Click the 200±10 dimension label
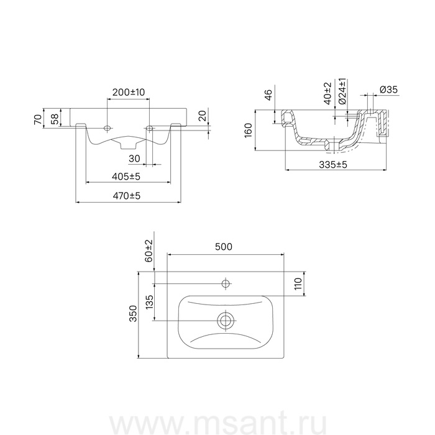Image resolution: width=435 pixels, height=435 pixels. pos(129,92)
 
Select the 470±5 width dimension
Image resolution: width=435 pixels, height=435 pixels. pos(127,195)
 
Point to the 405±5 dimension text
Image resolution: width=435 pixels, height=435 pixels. pos(127,176)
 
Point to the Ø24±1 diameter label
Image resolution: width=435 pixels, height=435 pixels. pos(341,91)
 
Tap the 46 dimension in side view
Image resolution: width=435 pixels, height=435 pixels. pos(268,95)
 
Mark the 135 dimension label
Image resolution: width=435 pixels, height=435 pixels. pos(149,302)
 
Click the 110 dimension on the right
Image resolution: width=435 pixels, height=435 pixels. pos(298,285)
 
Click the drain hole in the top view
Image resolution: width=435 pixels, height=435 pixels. pos(225,321)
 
